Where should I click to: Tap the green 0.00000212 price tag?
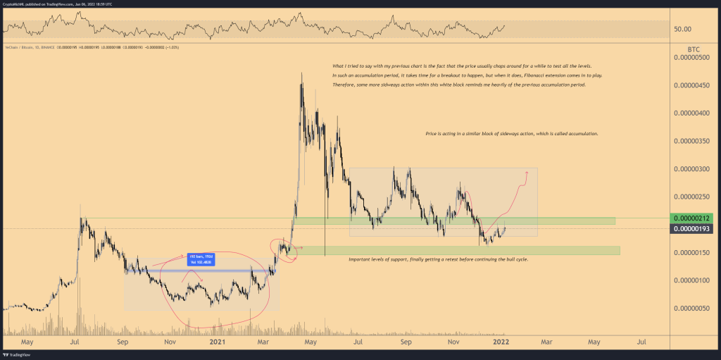click(692, 218)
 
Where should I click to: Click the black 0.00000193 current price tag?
click(692, 229)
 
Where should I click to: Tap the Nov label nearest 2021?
click(170, 342)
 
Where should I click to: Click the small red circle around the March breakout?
click(284, 249)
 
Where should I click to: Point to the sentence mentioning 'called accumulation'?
click(512, 132)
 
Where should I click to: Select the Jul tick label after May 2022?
click(641, 342)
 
